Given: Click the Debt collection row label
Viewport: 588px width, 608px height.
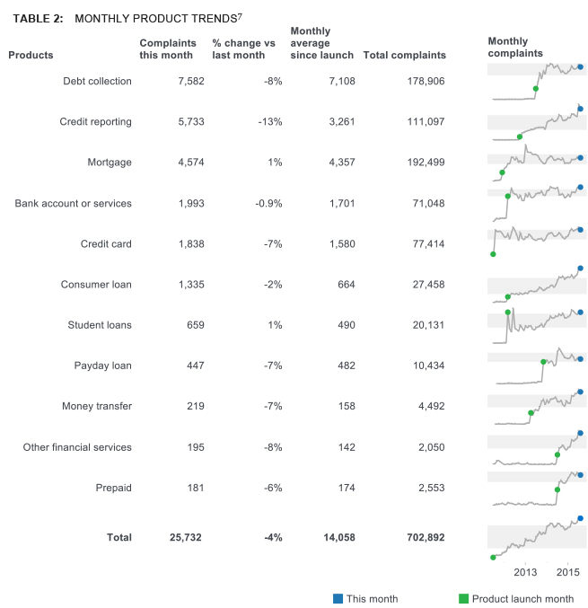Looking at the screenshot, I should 97,81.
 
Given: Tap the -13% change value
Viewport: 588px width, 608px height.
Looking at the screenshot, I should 268,121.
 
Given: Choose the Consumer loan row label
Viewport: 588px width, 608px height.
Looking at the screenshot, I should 96,285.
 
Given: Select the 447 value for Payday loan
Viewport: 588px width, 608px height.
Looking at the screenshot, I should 194,366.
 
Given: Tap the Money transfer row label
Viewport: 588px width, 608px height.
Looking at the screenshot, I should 97,406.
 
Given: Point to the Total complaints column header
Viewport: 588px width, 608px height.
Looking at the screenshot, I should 404,55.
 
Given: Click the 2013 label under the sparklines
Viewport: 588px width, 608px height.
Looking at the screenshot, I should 525,572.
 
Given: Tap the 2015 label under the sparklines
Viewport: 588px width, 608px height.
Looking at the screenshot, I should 566,572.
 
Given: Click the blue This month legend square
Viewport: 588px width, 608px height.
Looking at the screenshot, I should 338,599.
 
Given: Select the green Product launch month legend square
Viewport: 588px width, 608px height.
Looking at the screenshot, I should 463,599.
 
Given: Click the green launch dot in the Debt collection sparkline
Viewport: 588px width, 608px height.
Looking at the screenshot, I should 536,88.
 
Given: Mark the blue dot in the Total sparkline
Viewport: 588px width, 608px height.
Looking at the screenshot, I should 580,518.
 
